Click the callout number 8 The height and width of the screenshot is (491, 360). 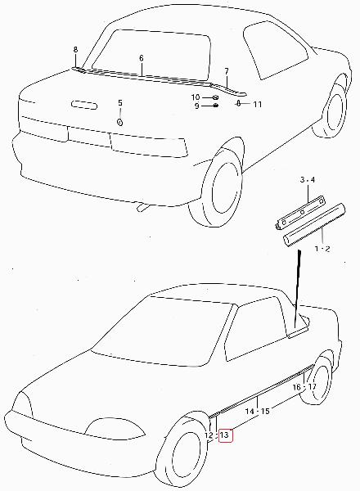(x=75, y=49)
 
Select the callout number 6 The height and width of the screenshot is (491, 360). (x=142, y=58)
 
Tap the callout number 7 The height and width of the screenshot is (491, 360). (x=227, y=71)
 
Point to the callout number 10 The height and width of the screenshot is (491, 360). (x=196, y=97)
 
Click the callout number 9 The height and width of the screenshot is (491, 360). (x=196, y=106)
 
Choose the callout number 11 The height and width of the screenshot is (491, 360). (x=257, y=104)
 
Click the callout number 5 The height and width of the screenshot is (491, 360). (x=120, y=103)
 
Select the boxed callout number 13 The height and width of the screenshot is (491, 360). (x=225, y=435)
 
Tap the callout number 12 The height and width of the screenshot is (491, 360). (x=209, y=435)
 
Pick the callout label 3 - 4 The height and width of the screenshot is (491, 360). (x=308, y=180)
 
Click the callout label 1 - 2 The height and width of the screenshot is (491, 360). (x=322, y=249)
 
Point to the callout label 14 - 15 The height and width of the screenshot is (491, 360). (x=258, y=411)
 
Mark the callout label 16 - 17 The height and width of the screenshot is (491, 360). (x=304, y=387)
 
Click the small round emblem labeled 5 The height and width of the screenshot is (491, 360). (x=119, y=122)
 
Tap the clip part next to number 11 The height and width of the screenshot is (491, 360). (x=238, y=103)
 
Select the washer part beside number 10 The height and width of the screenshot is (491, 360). (x=216, y=97)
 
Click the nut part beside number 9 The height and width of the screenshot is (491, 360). (x=215, y=106)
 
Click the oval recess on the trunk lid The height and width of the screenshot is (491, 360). (x=84, y=105)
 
